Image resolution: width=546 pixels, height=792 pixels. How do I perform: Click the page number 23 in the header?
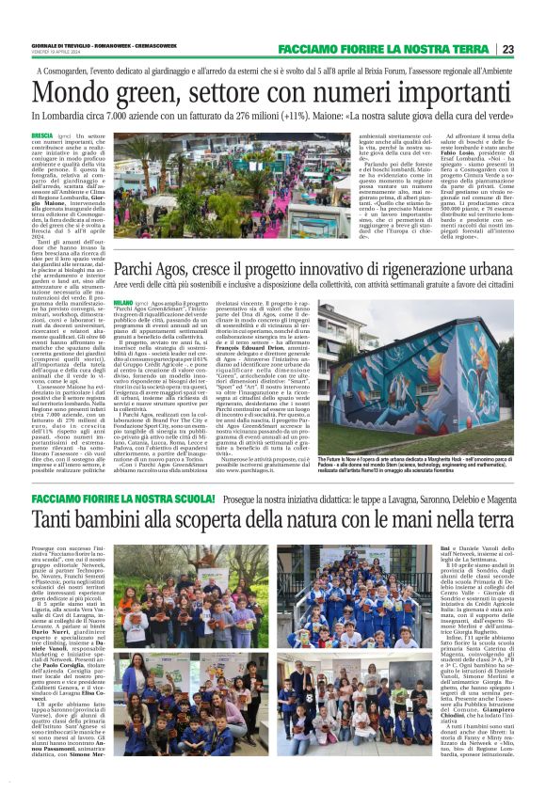(x=507, y=49)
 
